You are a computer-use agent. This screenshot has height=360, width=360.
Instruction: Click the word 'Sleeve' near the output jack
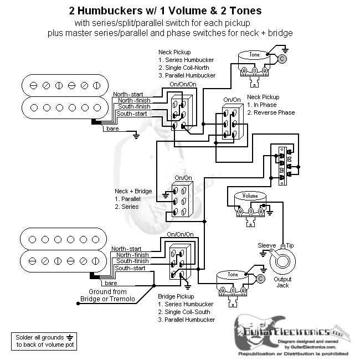pyautogui.click(x=267, y=244)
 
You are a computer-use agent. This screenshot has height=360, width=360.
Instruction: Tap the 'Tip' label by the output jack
pyautogui.click(x=289, y=244)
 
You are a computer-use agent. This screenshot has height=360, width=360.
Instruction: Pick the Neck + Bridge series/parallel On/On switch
pyautogui.click(x=182, y=199)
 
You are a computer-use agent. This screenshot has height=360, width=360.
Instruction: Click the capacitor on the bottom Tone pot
pyautogui.click(x=259, y=279)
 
